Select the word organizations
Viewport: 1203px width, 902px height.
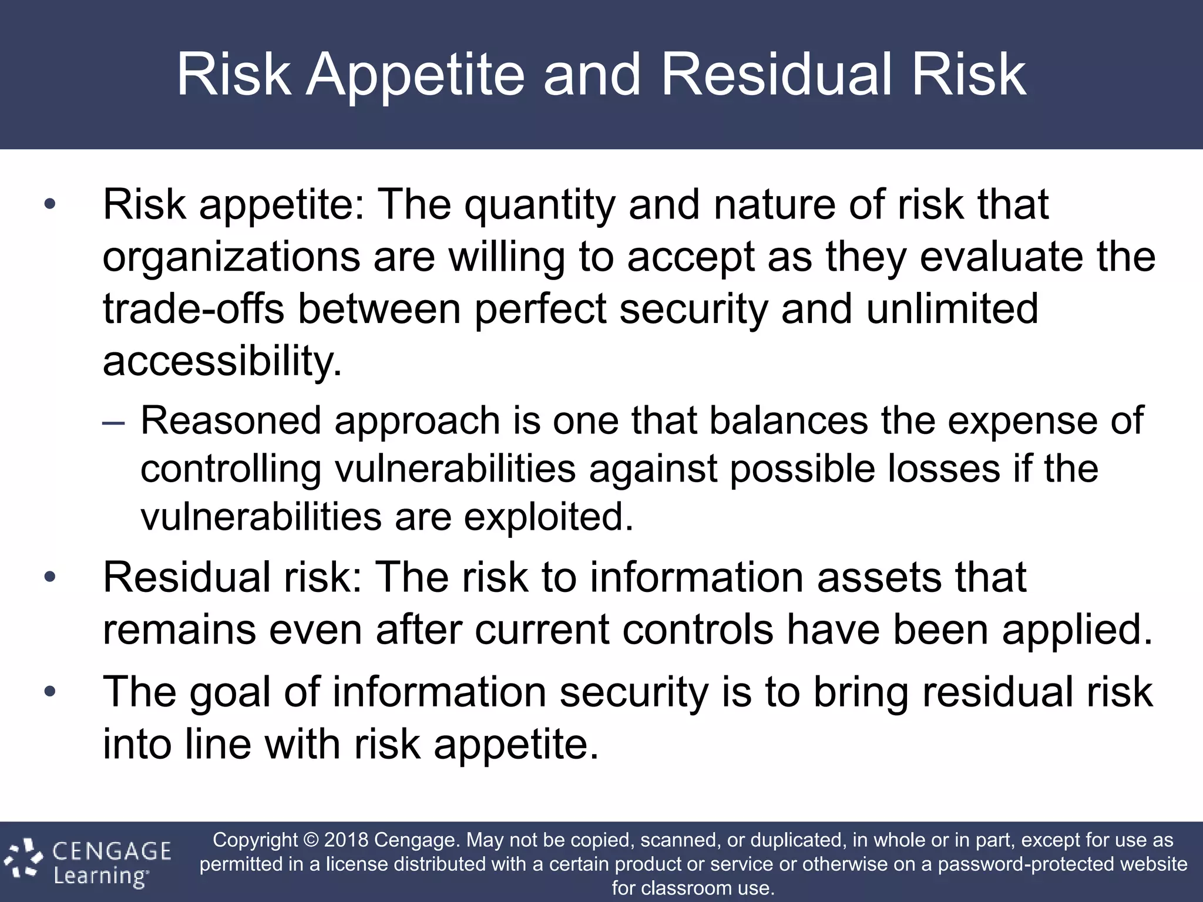231,258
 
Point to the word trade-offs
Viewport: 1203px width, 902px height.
193,309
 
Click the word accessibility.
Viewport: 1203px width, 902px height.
221,362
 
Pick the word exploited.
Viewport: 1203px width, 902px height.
549,517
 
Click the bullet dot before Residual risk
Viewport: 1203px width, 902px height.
50,577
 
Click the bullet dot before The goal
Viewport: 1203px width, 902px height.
50,691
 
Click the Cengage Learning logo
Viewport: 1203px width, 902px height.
88,862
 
